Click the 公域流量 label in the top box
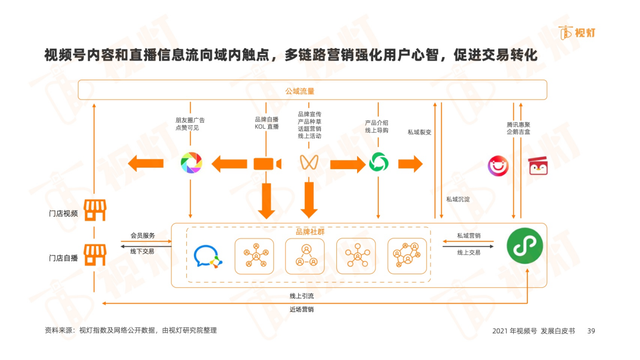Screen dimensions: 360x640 pyautogui.click(x=299, y=91)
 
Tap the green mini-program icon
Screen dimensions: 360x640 pyautogui.click(x=521, y=245)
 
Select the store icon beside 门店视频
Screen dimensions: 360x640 pyautogui.click(x=94, y=211)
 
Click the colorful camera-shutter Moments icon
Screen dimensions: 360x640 pyautogui.click(x=191, y=163)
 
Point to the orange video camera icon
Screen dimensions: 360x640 pyautogui.click(x=265, y=164)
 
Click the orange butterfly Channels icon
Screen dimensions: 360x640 pyautogui.click(x=310, y=163)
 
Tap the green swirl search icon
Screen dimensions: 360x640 pyautogui.click(x=378, y=163)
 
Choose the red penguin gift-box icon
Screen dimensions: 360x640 pyautogui.click(x=540, y=165)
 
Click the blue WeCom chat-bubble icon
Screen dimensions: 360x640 pyautogui.click(x=207, y=257)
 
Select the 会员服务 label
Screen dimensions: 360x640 pyautogui.click(x=143, y=236)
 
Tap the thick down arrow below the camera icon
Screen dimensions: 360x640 pyautogui.click(x=265, y=200)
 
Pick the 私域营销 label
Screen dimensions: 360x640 pyautogui.click(x=469, y=236)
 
